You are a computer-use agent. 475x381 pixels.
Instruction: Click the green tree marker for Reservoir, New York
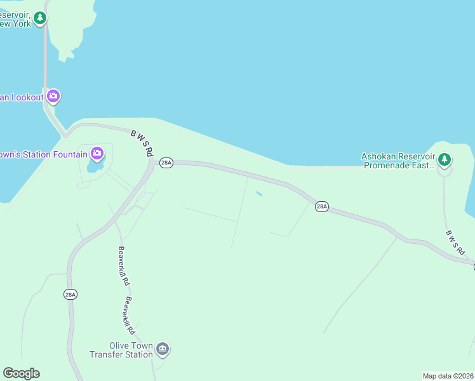click(41, 18)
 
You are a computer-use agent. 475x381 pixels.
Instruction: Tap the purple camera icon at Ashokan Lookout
click(53, 97)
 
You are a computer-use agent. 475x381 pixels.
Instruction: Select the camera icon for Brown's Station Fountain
click(97, 152)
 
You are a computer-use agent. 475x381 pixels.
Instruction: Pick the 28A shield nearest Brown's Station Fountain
click(166, 163)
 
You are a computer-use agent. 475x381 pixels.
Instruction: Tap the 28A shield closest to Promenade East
click(322, 206)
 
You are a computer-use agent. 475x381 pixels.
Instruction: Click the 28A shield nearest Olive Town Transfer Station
click(70, 294)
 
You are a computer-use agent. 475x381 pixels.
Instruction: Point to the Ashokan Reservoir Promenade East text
click(398, 161)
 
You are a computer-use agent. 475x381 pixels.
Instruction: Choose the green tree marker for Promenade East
click(445, 159)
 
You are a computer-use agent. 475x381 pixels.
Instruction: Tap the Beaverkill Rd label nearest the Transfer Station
click(130, 316)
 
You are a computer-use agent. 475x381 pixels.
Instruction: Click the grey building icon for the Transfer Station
click(163, 349)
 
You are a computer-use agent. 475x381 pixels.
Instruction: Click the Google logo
click(21, 373)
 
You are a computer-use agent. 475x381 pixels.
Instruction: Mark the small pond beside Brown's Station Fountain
click(94, 167)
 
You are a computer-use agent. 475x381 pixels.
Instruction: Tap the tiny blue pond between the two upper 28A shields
click(259, 194)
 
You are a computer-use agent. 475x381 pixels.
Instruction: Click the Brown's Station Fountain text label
click(43, 154)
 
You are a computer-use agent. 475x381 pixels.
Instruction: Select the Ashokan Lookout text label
click(22, 97)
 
